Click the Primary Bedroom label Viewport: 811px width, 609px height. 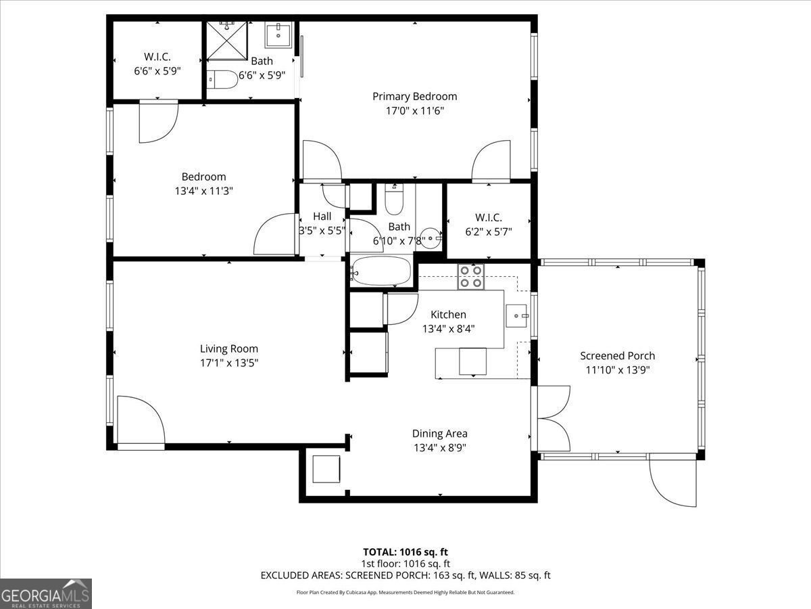[x=414, y=96]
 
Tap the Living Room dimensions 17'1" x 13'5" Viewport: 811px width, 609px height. [x=228, y=363]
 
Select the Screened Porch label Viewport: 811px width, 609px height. [x=617, y=356]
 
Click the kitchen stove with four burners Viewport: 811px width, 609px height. [x=471, y=277]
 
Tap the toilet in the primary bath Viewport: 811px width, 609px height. [x=222, y=79]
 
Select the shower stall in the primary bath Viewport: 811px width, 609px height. [x=228, y=42]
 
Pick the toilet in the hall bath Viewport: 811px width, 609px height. [x=394, y=199]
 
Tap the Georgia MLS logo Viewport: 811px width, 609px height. [x=46, y=593]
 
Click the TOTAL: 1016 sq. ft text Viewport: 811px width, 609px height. [x=405, y=551]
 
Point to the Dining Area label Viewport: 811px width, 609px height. [x=440, y=434]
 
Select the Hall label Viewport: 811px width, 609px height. [x=322, y=217]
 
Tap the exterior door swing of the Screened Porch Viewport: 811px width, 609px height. [x=672, y=482]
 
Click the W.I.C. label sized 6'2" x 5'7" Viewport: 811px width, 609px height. [x=488, y=217]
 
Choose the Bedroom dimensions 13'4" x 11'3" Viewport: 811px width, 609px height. [x=203, y=191]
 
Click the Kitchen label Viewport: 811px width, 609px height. [x=448, y=315]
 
